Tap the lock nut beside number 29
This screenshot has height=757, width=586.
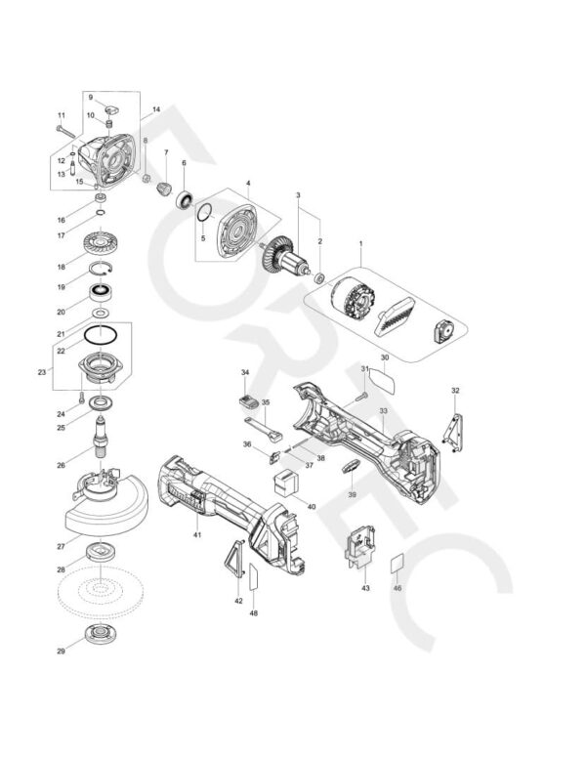point(103,635)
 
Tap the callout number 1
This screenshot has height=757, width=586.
point(360,242)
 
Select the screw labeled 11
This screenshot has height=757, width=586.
point(66,128)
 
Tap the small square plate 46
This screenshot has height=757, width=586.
point(397,564)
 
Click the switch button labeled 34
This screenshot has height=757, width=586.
point(247,402)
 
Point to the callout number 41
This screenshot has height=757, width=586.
point(196,535)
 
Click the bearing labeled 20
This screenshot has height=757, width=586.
point(101,292)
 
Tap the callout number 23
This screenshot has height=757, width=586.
point(41,371)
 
